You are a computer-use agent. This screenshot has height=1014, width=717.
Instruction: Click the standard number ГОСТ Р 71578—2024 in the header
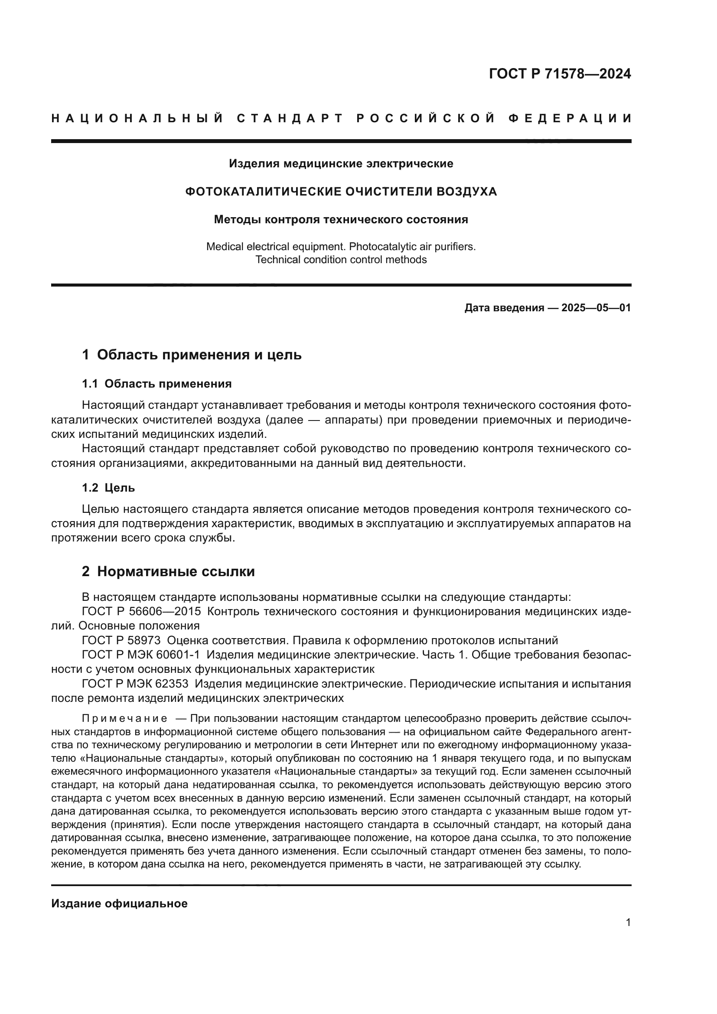[x=559, y=74]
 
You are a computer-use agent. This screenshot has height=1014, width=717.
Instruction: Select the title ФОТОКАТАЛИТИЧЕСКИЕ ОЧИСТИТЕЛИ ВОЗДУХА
[x=341, y=192]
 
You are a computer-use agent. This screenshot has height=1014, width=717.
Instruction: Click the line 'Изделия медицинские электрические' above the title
[x=341, y=164]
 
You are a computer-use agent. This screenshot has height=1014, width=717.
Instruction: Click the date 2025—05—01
[x=596, y=308]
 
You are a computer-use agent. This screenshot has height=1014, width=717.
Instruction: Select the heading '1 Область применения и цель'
[x=192, y=355]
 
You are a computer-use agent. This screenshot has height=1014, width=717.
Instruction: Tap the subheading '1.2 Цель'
[x=108, y=488]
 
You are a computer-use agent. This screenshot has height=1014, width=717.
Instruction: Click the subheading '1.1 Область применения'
[x=157, y=384]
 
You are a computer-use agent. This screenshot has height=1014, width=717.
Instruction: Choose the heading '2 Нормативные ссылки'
[x=168, y=571]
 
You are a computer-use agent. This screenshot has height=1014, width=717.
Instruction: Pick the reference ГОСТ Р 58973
[x=121, y=640]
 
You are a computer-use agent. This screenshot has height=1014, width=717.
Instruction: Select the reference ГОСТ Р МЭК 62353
[x=135, y=684]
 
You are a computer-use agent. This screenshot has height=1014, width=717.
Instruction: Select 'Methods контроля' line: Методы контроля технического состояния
[x=341, y=219]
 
